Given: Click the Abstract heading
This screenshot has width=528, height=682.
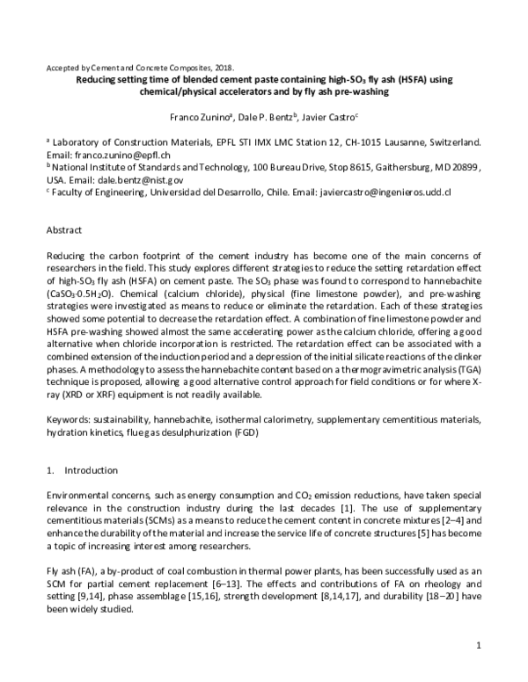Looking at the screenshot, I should click(x=64, y=229).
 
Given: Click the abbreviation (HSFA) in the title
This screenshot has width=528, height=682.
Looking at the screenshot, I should click(x=389, y=79).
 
